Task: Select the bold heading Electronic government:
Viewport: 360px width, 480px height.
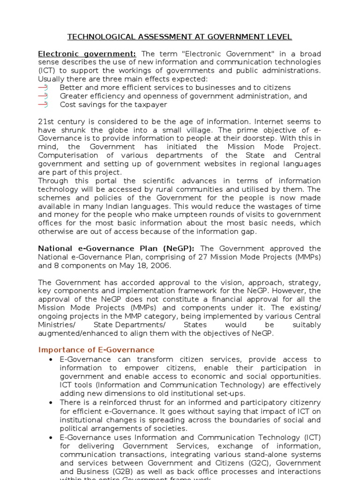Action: [x=87, y=54]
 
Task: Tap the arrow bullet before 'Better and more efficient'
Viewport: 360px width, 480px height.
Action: [x=43, y=88]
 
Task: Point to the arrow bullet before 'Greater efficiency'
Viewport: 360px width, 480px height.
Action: [x=43, y=96]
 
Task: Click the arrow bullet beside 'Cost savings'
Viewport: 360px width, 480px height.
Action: [x=43, y=105]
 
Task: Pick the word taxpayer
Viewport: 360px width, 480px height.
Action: [x=150, y=105]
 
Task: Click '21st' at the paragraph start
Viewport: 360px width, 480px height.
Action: [x=45, y=122]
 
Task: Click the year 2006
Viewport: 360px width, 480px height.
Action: [x=161, y=266]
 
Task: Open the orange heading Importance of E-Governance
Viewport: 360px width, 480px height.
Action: [x=96, y=350]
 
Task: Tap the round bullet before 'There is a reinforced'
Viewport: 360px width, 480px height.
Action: [x=50, y=403]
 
